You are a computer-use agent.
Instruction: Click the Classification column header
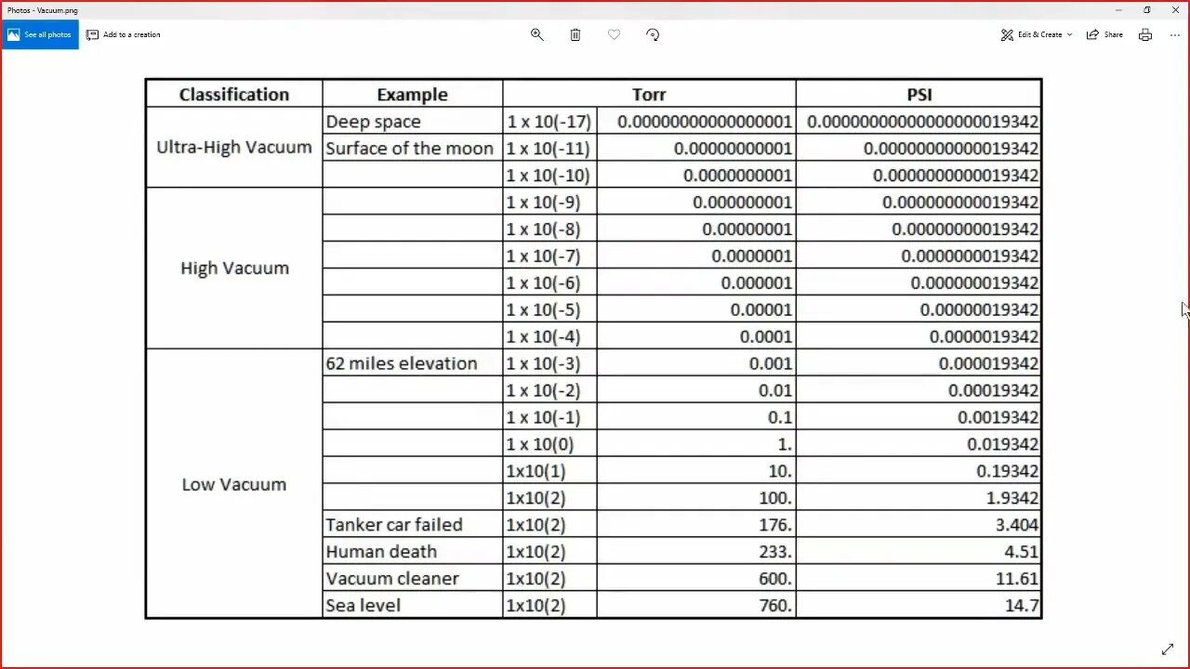(x=233, y=94)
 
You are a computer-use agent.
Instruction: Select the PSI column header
(x=919, y=94)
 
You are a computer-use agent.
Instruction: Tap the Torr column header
(x=649, y=94)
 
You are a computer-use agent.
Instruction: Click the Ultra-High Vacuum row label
(x=233, y=147)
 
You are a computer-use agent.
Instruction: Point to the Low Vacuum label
(x=233, y=484)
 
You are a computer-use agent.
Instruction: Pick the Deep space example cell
(x=373, y=122)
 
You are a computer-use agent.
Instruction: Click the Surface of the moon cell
(x=409, y=149)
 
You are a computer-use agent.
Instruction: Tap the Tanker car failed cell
(x=393, y=525)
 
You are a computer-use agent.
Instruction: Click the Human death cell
(x=380, y=552)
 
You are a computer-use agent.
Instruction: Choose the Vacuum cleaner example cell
(x=391, y=579)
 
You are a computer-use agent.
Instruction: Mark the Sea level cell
(x=363, y=606)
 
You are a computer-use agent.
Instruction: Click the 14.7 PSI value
(x=1021, y=606)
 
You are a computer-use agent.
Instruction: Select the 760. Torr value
(x=773, y=606)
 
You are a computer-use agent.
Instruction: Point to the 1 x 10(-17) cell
(x=549, y=122)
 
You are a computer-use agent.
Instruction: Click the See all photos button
(x=40, y=34)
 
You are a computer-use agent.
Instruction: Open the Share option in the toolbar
(x=1104, y=34)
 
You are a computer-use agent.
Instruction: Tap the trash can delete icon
(x=575, y=34)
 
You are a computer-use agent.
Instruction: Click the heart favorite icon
(x=614, y=34)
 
